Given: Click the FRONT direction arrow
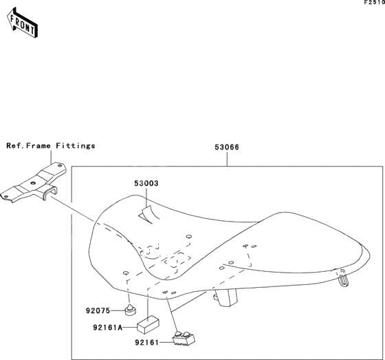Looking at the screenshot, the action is pos(22,23).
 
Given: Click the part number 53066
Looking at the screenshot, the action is pos(227,147).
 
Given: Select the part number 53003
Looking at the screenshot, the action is pos(146,183).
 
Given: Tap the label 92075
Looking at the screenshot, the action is pos(98,311).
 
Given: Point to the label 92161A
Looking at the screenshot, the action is pos(108,328).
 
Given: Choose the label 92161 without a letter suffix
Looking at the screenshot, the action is pos(147,343).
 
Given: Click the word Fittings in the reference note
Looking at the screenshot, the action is pos(76,146).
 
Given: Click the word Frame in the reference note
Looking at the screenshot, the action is pos(38,146).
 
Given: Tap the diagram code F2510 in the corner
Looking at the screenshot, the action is pos(375,3).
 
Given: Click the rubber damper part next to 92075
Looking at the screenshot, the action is pos(130,310).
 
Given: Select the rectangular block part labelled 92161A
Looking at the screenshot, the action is pos(148,325).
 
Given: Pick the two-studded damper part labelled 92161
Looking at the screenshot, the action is pos(184,339).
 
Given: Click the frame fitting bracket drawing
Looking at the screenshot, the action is pos(33,182).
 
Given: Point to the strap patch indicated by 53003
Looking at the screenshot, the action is pos(148,215).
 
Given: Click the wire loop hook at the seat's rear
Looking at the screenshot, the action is pos(343,278).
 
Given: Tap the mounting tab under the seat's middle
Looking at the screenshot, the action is pos(226,297).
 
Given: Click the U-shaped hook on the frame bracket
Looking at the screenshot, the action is pos(49,192).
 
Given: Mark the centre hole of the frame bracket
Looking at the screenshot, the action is pos(33,183).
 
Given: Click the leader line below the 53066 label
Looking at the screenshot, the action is pos(227,159).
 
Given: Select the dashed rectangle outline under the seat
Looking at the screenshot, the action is pos(177,260).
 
